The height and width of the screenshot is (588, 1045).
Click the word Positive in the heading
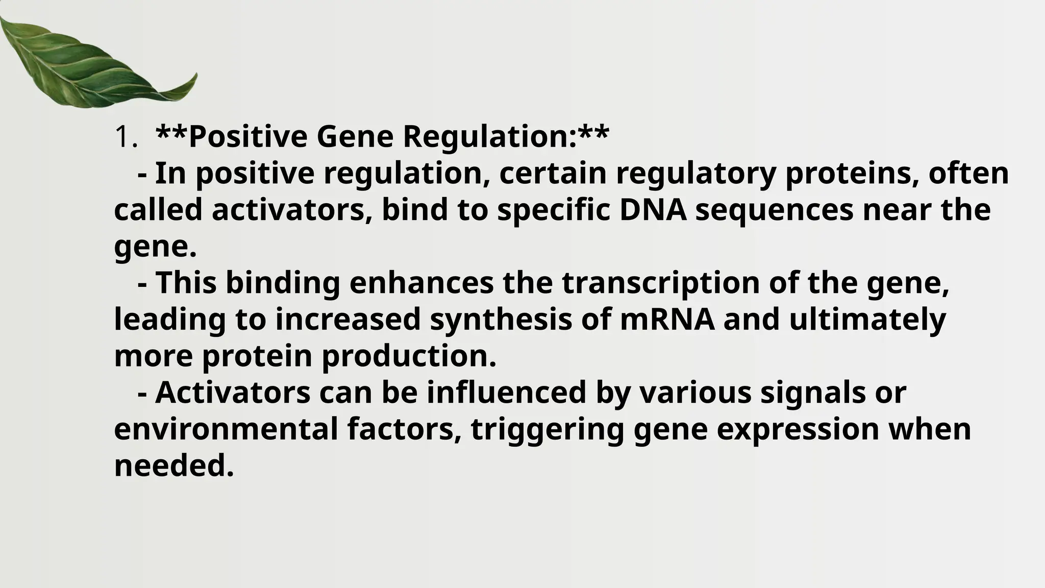pos(247,137)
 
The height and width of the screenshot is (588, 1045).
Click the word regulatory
pos(696,174)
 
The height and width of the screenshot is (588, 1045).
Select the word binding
pos(283,283)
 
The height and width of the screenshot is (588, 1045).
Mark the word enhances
pos(421,283)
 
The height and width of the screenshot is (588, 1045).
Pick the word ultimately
pos(867,320)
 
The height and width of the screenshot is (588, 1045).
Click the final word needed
pos(173,466)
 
